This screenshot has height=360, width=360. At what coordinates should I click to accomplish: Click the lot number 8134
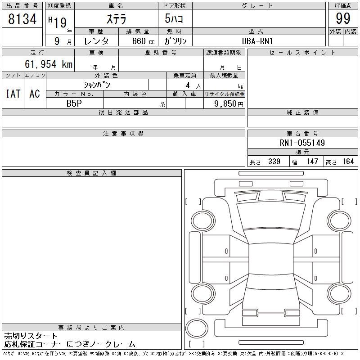pyautogui.click(x=22, y=19)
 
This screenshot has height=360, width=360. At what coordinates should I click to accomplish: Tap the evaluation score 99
pyautogui.click(x=343, y=18)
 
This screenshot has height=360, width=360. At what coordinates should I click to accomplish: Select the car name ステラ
pyautogui.click(x=116, y=19)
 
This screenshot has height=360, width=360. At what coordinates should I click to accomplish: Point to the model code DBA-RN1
pyautogui.click(x=257, y=41)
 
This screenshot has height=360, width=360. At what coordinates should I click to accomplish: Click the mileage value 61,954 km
pyautogui.click(x=49, y=64)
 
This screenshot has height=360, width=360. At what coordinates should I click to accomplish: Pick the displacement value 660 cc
pyautogui.click(x=144, y=41)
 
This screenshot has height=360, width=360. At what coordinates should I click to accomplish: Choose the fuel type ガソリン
pyautogui.click(x=175, y=41)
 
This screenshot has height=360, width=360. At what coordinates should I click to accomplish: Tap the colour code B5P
pyautogui.click(x=74, y=103)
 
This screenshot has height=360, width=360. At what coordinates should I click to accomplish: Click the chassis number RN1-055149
pyautogui.click(x=302, y=143)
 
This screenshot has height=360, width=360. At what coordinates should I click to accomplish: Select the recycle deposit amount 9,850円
pyautogui.click(x=229, y=104)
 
